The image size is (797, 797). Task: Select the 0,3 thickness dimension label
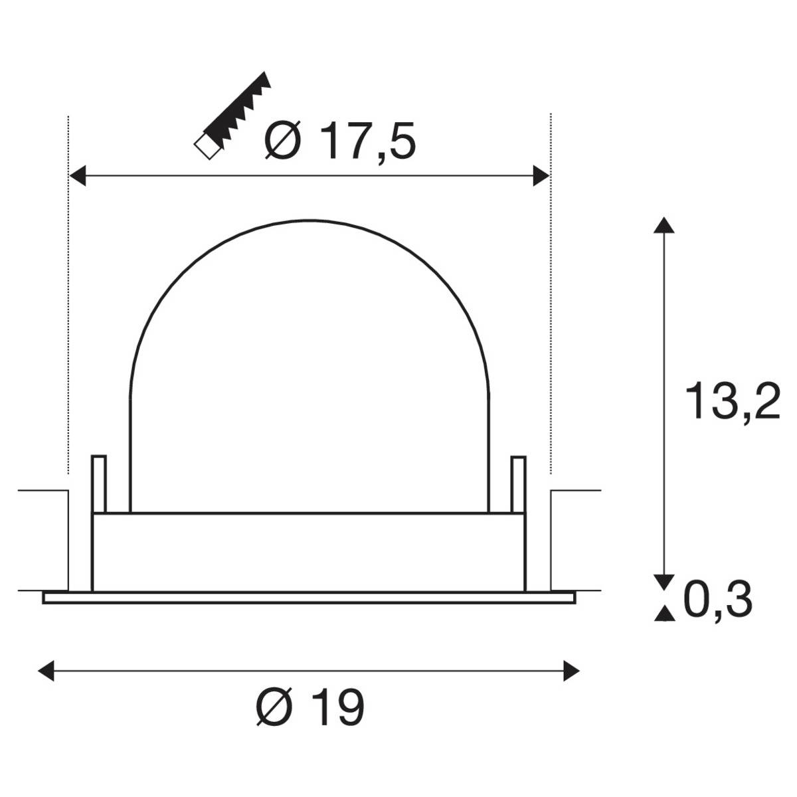[718, 600]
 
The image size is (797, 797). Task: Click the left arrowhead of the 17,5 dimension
[78, 176]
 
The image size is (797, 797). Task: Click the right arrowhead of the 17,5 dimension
[541, 176]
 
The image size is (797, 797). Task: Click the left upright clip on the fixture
[98, 484]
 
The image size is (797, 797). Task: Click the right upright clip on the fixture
[517, 484]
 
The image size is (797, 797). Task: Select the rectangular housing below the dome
[308, 551]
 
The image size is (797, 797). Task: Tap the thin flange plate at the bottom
[308, 598]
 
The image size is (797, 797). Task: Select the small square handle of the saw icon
[207, 147]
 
